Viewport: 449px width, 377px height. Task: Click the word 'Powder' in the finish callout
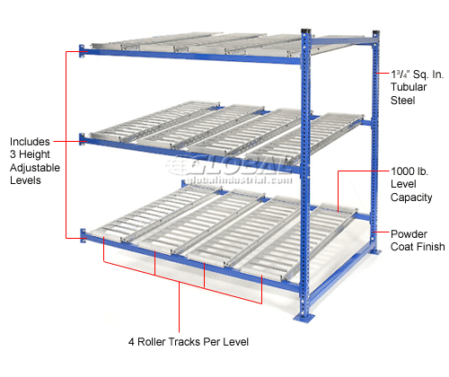click(x=409, y=235)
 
